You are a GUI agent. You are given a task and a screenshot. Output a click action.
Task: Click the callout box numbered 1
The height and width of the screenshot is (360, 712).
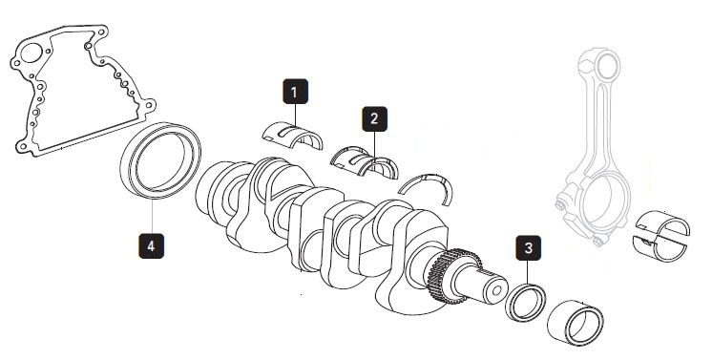pos(295,92)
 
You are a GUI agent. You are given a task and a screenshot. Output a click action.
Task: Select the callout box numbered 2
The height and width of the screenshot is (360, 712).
pos(375,119)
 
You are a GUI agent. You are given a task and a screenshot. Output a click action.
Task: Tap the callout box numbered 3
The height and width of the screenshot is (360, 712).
pos(528,247)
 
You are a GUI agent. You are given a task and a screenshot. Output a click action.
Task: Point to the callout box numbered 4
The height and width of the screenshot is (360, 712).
pos(151,246)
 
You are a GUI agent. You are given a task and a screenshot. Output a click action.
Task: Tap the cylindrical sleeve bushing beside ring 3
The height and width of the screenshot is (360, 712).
pos(576,323)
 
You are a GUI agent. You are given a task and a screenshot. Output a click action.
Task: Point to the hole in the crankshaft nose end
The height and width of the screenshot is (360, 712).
pos(497,290)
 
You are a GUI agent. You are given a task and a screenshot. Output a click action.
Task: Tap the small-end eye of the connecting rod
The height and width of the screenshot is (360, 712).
pos(609,66)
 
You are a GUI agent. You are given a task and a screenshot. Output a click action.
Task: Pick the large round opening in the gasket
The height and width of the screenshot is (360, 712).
pos(31,53)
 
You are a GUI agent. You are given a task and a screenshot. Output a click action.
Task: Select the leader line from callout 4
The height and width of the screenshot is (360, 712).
pos(152,216)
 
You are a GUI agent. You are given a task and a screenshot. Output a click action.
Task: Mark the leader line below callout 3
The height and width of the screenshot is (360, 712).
pos(528,272)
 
